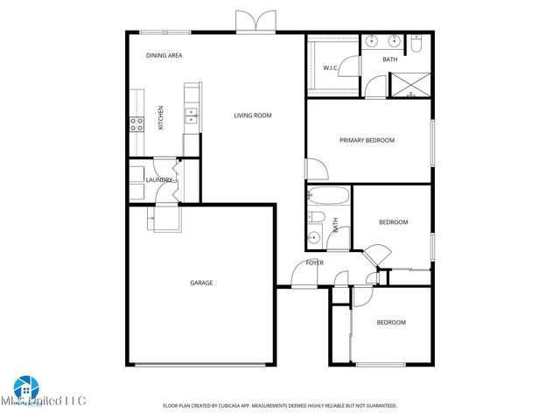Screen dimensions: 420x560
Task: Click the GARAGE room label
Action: coord(202,283)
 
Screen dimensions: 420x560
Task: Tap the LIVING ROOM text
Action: coord(252,115)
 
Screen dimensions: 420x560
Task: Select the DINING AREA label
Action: coord(164,55)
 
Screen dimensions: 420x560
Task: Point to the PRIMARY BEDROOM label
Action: coord(367,140)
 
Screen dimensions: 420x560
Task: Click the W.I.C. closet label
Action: coord(331,67)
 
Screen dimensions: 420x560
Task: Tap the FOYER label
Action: coord(314,262)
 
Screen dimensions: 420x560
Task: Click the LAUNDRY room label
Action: coord(159,180)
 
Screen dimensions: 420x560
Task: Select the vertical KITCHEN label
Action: coord(160,117)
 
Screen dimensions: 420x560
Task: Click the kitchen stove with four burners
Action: coord(136,123)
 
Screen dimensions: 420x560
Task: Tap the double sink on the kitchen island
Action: coord(190,113)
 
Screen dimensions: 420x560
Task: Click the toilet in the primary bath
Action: coord(416,42)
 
